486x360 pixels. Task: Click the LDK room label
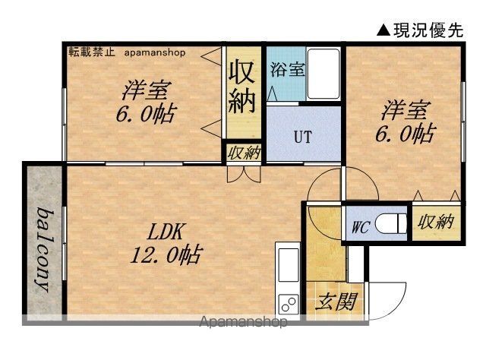tap(166, 232)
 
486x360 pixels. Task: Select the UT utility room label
tap(303, 137)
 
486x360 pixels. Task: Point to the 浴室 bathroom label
tap(288, 70)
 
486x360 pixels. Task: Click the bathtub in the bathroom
tap(323, 74)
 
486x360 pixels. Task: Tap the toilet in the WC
tap(390, 223)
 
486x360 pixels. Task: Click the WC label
tap(360, 228)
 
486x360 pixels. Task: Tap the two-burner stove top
tap(289, 304)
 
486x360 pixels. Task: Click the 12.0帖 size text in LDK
tap(166, 255)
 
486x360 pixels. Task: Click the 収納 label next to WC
tap(435, 222)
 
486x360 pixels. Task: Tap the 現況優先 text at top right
tap(428, 30)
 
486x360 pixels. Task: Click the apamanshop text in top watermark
tap(155, 52)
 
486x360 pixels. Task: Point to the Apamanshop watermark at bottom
tap(243, 322)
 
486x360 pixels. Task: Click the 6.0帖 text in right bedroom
tap(404, 134)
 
